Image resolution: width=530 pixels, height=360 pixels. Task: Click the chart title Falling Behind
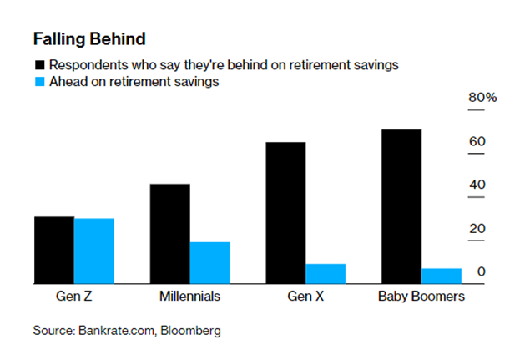point(89,39)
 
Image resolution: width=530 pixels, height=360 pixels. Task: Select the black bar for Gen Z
point(54,250)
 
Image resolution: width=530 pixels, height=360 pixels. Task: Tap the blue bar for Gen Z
point(94,251)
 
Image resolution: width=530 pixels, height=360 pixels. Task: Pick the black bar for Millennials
point(170,234)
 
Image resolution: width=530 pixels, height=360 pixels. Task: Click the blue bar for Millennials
point(209,263)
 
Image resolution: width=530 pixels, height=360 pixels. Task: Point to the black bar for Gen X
point(286,213)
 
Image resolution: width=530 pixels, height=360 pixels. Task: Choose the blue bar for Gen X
point(326,274)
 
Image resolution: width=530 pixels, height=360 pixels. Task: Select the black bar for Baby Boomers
point(401,206)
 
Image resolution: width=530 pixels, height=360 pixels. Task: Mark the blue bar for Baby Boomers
point(442,276)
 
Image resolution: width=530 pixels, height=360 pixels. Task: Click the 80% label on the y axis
point(482,98)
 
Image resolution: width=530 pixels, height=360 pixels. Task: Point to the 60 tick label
point(477,141)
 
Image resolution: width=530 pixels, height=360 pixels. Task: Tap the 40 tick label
point(477,185)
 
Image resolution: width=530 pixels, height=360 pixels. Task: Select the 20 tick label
point(477,228)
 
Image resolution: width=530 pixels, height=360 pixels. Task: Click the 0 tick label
point(482,271)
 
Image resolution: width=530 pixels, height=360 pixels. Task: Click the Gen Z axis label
point(73,296)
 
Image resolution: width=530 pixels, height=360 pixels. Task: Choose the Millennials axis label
point(189,296)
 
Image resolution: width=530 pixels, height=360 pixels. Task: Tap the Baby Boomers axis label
point(421,297)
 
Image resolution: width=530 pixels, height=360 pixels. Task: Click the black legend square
point(40,65)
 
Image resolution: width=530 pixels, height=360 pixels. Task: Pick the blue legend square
point(40,82)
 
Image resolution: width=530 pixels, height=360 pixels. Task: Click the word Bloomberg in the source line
point(190,331)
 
